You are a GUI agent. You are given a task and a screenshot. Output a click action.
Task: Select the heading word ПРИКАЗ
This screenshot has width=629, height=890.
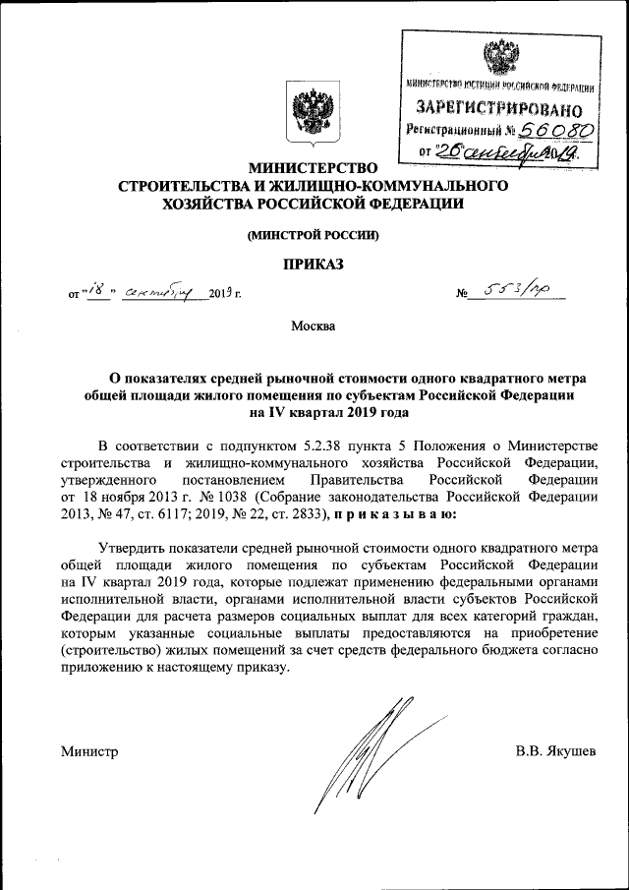[x=314, y=264]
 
